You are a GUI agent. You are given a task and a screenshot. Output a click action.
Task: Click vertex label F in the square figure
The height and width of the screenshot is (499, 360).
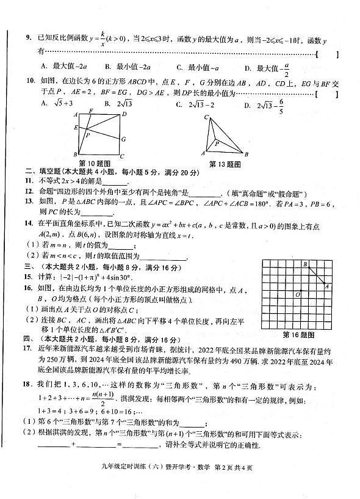point(90,111)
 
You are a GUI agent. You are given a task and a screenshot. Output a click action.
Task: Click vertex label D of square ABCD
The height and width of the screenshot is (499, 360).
point(124,114)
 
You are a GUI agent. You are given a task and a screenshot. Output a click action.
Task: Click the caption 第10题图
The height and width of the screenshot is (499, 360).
point(95,163)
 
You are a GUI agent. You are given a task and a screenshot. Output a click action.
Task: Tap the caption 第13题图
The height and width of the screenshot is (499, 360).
point(225,164)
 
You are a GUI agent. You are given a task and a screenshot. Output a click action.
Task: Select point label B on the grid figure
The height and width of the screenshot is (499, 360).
point(305,264)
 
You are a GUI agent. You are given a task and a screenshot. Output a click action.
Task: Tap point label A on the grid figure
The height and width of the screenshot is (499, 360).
point(328,286)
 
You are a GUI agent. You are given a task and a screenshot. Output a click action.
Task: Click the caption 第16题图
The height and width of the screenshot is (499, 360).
point(298,335)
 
